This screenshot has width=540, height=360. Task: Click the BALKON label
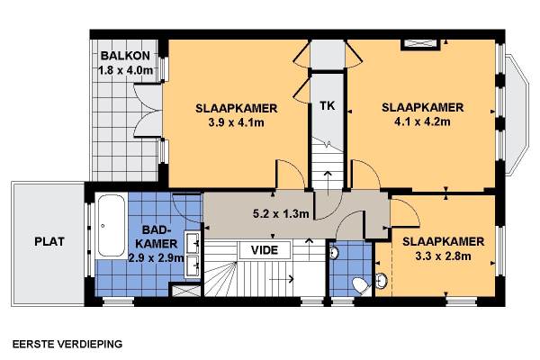tap(125, 56)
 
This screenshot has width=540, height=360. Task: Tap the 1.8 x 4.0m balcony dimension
tap(125, 70)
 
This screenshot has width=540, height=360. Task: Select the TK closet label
tap(328, 106)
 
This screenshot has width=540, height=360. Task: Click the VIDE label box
tap(265, 250)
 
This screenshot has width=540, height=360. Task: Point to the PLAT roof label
tap(49, 241)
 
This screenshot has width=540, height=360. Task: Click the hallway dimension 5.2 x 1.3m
tap(281, 214)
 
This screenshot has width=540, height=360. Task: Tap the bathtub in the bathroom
tap(111, 226)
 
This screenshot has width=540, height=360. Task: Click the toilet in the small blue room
tap(361, 285)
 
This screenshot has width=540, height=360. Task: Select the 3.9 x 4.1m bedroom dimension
tap(236, 122)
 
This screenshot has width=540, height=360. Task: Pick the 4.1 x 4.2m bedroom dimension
tap(422, 121)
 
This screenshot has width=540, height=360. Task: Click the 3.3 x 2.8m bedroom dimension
tap(443, 256)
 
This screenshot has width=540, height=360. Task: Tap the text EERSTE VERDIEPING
tap(67, 344)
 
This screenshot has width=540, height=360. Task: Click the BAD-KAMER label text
tap(157, 237)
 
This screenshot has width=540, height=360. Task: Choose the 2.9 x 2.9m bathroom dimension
tap(156, 257)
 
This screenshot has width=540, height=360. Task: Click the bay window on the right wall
tap(517, 113)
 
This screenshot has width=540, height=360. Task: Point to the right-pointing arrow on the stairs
tap(282, 279)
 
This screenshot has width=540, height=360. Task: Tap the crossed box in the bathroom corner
tap(186, 290)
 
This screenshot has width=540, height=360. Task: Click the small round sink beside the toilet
tap(334, 253)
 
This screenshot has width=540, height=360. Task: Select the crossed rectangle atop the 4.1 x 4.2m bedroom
tap(420, 45)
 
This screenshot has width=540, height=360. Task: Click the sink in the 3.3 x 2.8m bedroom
tap(382, 281)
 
